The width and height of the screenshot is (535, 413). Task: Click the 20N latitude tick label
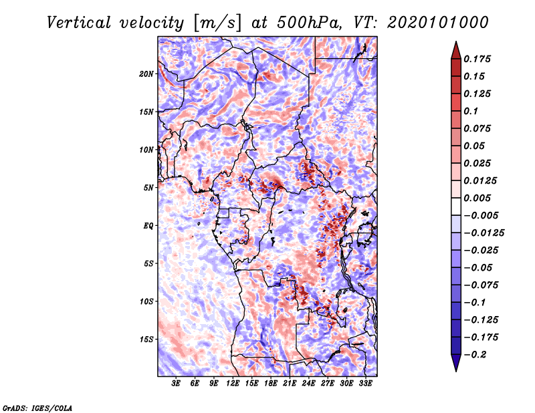(146, 74)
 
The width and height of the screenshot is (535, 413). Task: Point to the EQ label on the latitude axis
(148, 226)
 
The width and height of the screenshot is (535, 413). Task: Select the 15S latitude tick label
(146, 339)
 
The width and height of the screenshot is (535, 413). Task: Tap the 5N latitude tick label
(148, 188)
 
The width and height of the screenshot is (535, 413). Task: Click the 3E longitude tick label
(176, 384)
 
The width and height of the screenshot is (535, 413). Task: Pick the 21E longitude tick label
(290, 384)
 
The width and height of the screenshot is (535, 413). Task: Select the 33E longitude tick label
(365, 384)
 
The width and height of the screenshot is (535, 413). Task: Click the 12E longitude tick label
(233, 384)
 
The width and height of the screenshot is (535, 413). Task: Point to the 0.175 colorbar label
(477, 59)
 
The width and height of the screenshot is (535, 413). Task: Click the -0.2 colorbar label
(475, 355)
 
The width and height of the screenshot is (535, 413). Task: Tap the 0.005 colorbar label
(477, 198)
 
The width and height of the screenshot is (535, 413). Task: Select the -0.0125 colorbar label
(484, 233)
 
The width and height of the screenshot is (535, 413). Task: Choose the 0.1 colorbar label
(471, 111)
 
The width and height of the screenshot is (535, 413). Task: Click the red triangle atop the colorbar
(456, 50)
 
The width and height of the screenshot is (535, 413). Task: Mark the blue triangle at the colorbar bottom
(456, 363)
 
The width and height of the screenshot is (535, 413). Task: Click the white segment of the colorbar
(456, 206)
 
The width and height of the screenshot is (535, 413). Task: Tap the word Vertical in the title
(79, 23)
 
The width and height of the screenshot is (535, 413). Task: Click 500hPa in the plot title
(309, 23)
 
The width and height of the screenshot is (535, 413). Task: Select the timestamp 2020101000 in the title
(438, 23)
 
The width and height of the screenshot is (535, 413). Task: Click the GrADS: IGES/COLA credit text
(37, 408)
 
